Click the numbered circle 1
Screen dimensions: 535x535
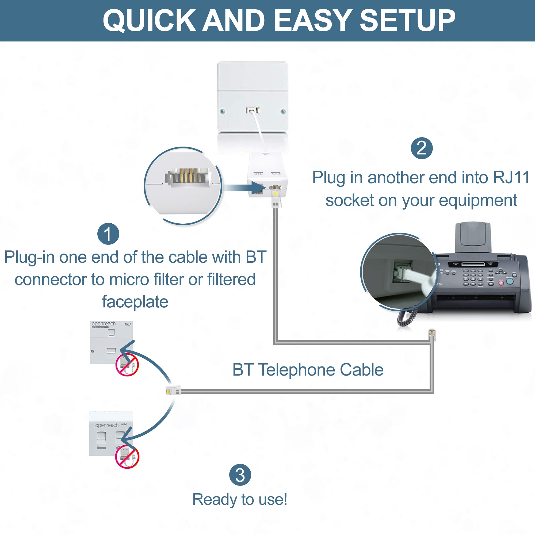point(108,234)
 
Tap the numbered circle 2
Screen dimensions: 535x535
point(422,148)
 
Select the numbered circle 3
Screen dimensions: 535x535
point(240,475)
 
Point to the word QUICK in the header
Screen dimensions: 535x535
point(149,21)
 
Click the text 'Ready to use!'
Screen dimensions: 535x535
point(240,499)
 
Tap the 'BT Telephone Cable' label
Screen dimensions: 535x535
point(308,370)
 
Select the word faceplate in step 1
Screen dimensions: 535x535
point(135,301)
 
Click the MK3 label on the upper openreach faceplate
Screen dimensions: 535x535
point(128,324)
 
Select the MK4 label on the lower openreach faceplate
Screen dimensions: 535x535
point(124,424)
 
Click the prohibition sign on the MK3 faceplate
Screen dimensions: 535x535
point(127,365)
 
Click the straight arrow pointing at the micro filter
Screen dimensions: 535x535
point(245,188)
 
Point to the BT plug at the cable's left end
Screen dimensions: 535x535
point(173,391)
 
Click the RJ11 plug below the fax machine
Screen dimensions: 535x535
point(432,334)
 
